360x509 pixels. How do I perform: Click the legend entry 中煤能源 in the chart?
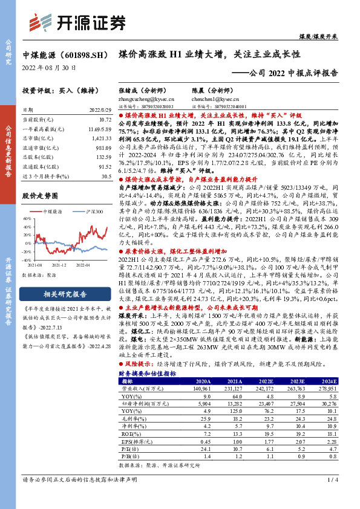pyautogui.click(x=55, y=212)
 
